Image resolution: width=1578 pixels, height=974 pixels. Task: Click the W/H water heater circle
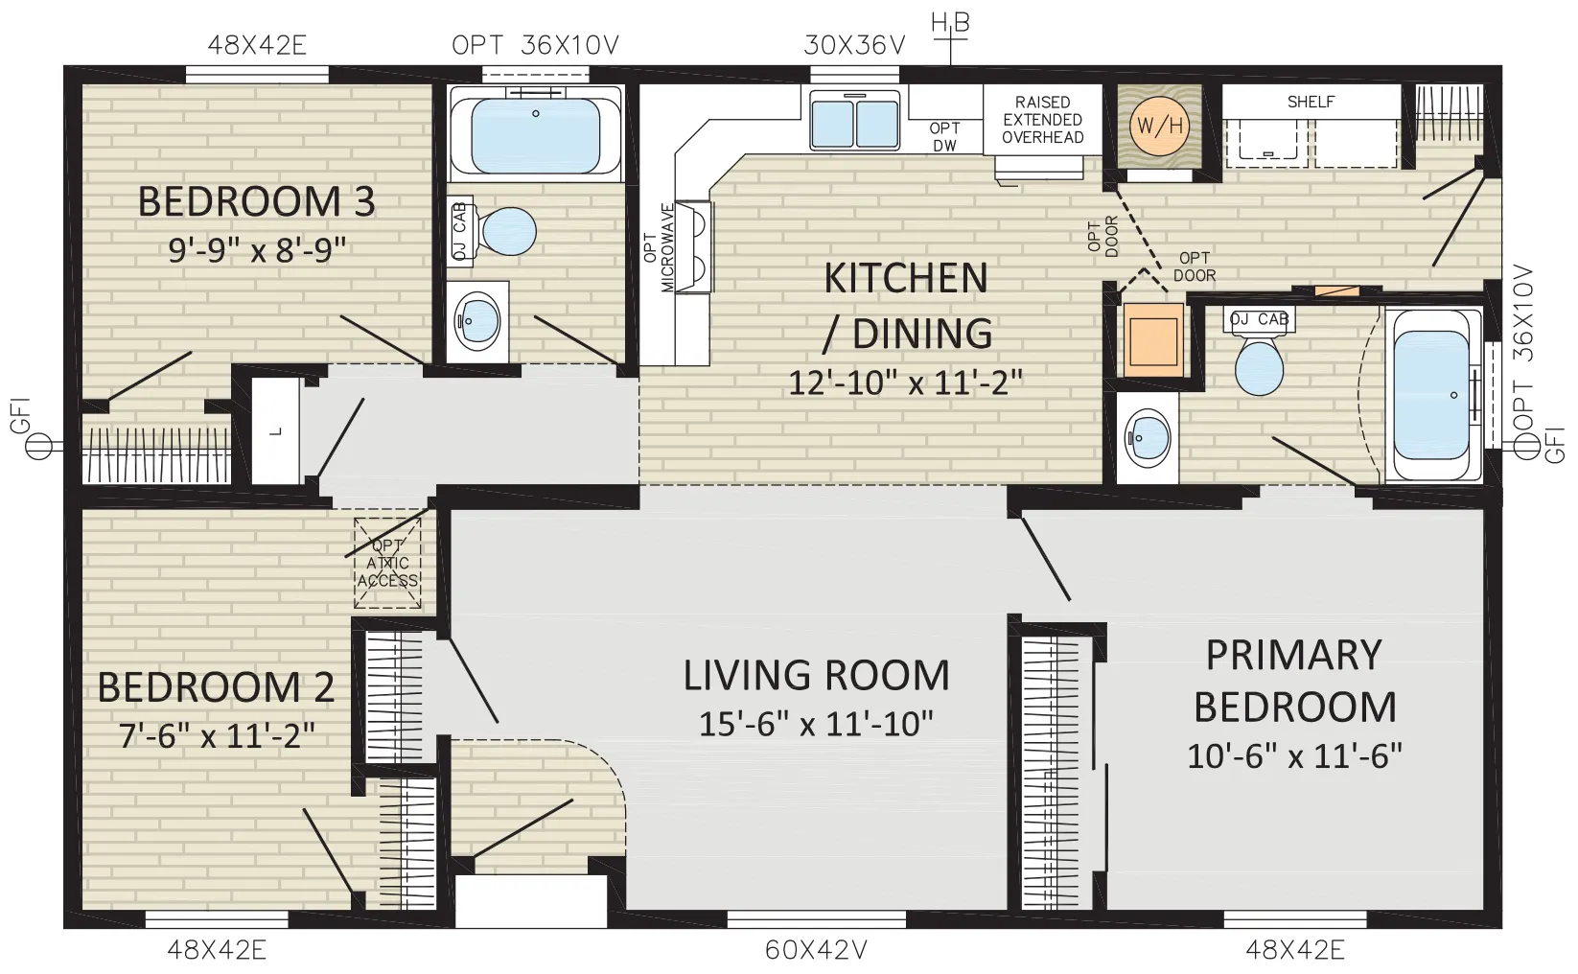pyautogui.click(x=1160, y=127)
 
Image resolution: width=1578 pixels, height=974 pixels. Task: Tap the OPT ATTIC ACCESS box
pyautogui.click(x=387, y=563)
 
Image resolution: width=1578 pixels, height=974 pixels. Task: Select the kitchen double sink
pyautogui.click(x=854, y=121)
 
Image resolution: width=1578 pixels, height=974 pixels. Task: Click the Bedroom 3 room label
pyautogui.click(x=256, y=201)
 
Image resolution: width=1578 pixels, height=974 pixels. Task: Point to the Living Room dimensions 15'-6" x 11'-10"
pyautogui.click(x=816, y=723)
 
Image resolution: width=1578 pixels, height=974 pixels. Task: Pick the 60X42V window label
pyautogui.click(x=816, y=950)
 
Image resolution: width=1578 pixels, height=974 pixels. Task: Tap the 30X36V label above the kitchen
pyautogui.click(x=854, y=45)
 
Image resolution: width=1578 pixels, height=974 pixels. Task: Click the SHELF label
pyautogui.click(x=1311, y=103)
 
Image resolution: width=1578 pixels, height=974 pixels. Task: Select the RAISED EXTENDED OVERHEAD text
pyautogui.click(x=1043, y=120)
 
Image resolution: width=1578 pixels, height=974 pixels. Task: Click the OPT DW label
pyautogui.click(x=944, y=137)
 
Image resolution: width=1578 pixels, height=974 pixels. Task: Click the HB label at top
pyautogui.click(x=950, y=23)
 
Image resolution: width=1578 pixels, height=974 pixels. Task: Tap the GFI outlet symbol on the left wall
pyautogui.click(x=38, y=446)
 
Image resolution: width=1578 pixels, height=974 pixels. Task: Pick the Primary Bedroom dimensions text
pyautogui.click(x=1294, y=756)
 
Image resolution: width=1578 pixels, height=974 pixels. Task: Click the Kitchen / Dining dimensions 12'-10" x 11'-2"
pyautogui.click(x=905, y=383)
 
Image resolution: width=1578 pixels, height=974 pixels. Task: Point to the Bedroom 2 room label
pyautogui.click(x=216, y=687)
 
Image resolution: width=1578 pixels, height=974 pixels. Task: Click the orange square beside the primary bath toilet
pyautogui.click(x=1153, y=339)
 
